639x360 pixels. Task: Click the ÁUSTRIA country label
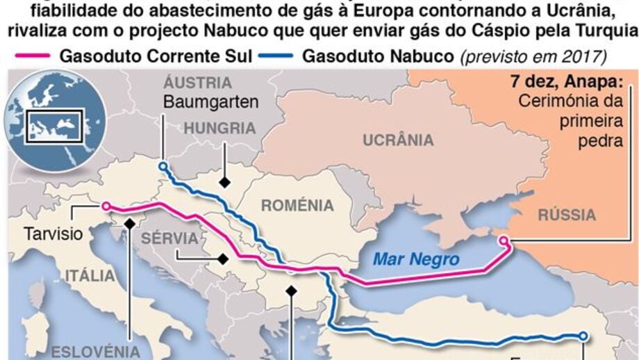point(198,83)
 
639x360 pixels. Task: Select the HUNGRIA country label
point(219,128)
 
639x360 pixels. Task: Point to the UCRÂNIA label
point(398,140)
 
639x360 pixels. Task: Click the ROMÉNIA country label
point(297,205)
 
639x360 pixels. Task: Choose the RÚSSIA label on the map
point(567,214)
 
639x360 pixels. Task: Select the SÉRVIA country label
point(170,238)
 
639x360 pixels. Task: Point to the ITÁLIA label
point(90,276)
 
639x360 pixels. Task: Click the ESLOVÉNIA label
point(96,350)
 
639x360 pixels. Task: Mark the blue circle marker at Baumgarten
point(162,166)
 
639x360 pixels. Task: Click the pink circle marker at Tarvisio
point(106,206)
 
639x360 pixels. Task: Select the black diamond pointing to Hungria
point(224,182)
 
